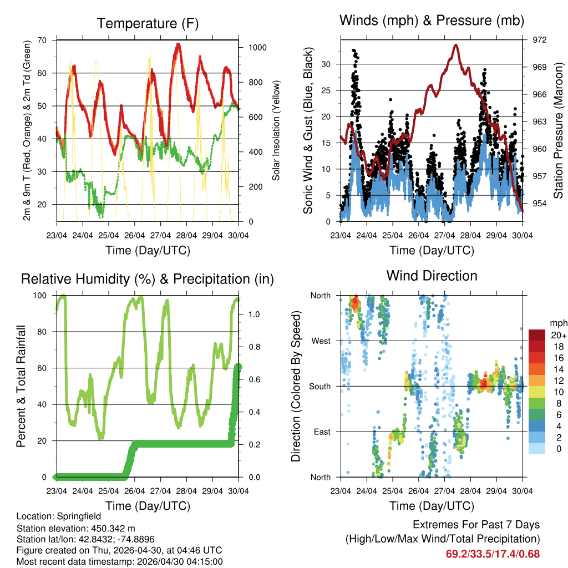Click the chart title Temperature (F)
point(148,23)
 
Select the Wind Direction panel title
point(432,276)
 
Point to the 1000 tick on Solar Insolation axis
point(257,48)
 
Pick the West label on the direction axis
point(321,341)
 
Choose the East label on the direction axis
point(322,432)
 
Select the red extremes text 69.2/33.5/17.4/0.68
point(493,554)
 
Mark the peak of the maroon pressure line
point(456,45)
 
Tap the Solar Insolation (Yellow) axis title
point(276,130)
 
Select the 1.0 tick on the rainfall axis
point(255,314)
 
